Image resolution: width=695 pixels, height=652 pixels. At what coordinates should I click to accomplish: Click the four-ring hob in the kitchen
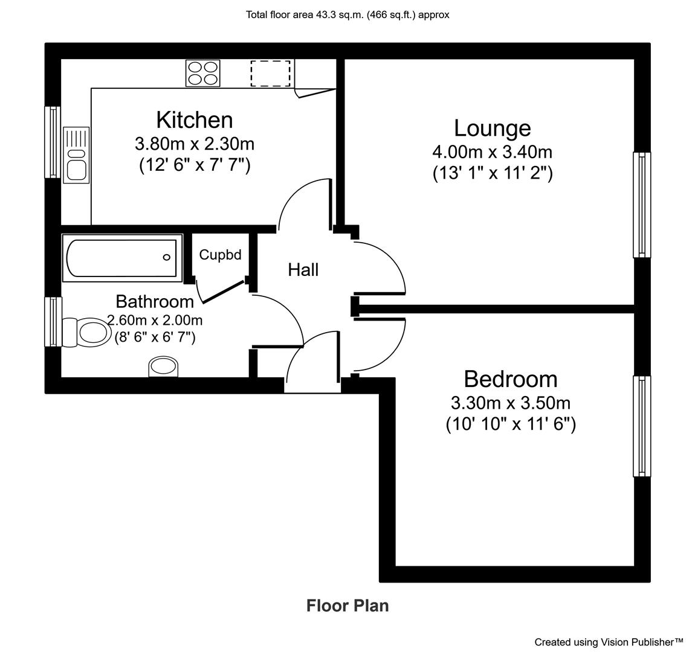[203, 73]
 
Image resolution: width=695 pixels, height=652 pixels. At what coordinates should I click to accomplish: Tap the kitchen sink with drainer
[76, 155]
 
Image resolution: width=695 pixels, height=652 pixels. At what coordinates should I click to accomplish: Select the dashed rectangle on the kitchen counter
[270, 74]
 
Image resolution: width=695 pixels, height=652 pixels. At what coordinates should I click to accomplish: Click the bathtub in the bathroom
[122, 258]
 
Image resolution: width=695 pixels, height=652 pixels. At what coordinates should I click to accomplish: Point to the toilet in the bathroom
[86, 331]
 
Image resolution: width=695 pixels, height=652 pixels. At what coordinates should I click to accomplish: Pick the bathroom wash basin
[164, 367]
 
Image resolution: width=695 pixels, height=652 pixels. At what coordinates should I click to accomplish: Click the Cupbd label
[221, 255]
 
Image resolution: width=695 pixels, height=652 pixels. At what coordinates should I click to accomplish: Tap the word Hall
[303, 270]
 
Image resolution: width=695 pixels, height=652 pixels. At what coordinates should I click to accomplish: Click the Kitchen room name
[195, 120]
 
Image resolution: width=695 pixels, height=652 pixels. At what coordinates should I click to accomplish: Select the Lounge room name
[493, 129]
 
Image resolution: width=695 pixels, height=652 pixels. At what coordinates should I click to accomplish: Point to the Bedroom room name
[511, 379]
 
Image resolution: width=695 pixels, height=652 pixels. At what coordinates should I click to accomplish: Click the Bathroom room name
[155, 301]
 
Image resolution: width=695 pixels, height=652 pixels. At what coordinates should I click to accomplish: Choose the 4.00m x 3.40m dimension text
[493, 152]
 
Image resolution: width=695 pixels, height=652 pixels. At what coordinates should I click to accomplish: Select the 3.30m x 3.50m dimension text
[511, 403]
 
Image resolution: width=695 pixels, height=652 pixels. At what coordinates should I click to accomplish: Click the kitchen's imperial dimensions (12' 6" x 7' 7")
[195, 165]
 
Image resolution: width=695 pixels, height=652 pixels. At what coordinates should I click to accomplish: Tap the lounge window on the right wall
[642, 205]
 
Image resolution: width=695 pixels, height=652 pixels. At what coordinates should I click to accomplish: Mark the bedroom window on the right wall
[642, 426]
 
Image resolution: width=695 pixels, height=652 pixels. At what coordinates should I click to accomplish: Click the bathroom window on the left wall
[53, 322]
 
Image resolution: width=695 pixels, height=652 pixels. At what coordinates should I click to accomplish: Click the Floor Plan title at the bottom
[347, 606]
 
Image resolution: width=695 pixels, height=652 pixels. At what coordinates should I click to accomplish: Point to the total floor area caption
[347, 15]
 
